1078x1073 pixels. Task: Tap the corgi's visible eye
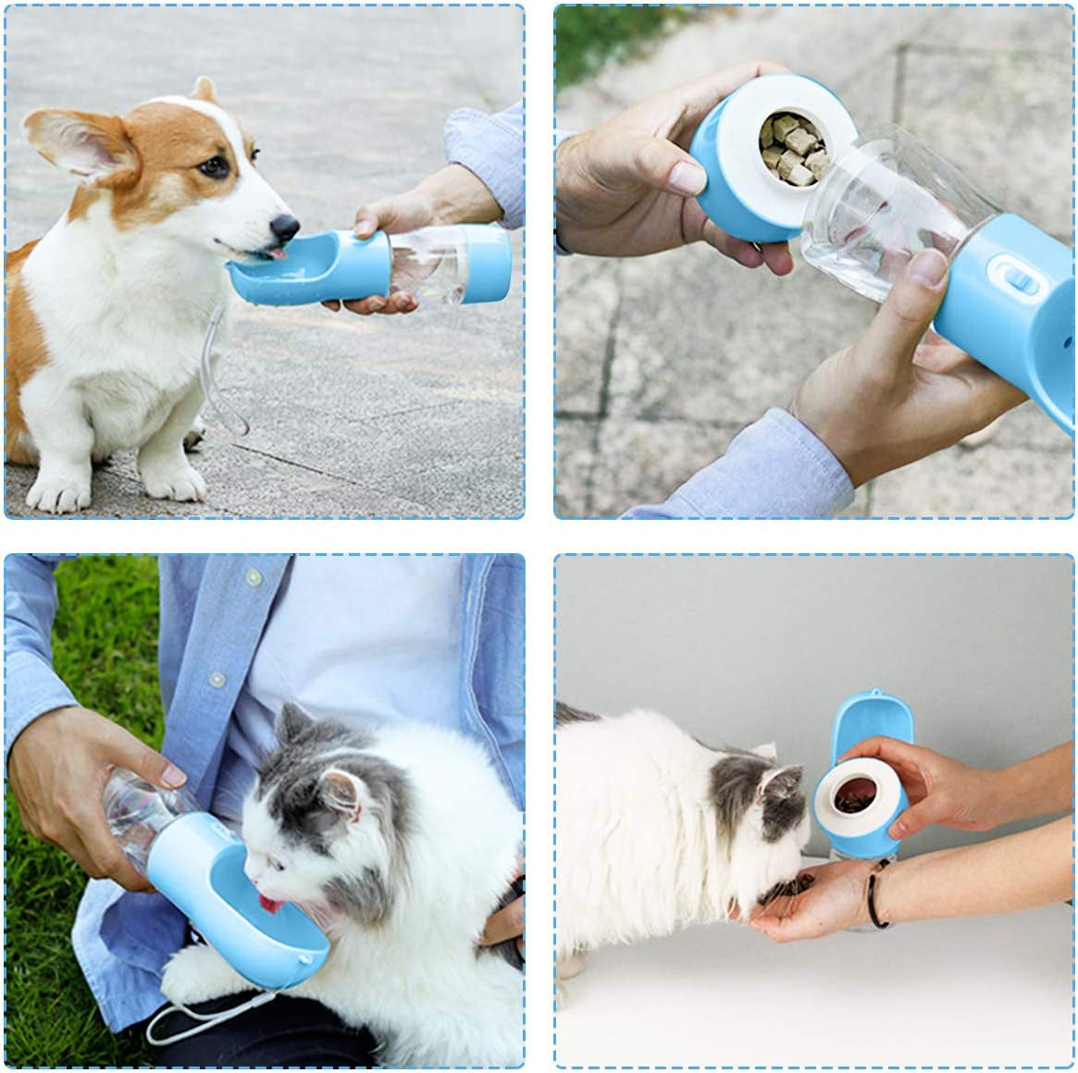point(214,166)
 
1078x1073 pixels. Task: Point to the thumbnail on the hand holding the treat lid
point(686,176)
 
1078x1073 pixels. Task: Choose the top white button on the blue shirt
point(252,576)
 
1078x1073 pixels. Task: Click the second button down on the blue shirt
point(217,680)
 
